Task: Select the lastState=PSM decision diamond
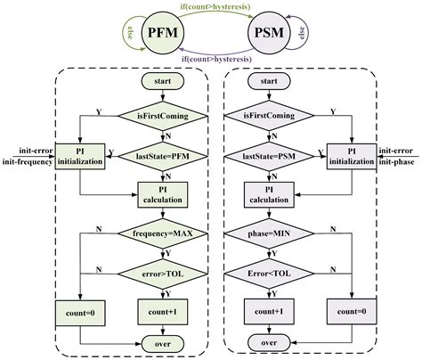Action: [x=270, y=156]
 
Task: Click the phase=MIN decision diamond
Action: [x=270, y=234]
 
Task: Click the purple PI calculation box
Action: [x=270, y=194]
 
